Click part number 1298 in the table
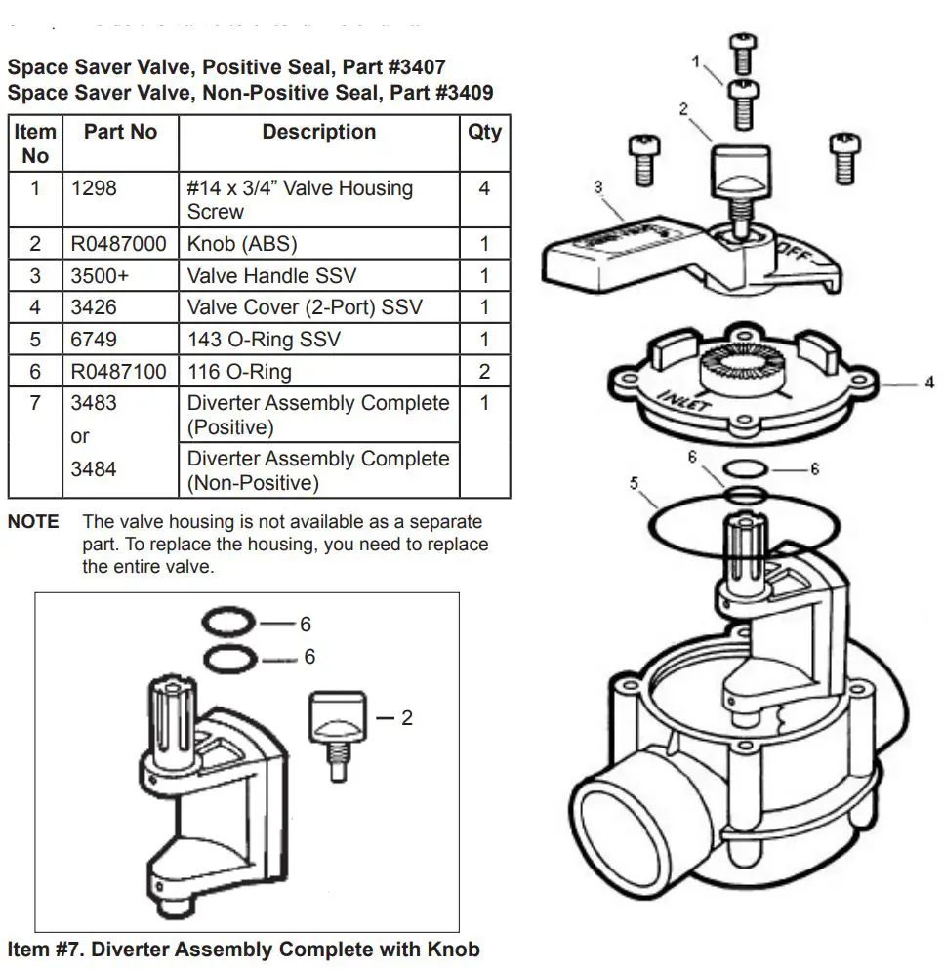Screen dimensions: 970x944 pyautogui.click(x=94, y=188)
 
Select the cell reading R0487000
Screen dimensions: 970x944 pyautogui.click(x=118, y=244)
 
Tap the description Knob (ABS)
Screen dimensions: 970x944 pyautogui.click(x=242, y=244)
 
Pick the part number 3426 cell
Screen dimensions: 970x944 pyautogui.click(x=94, y=307)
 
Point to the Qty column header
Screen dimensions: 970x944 pyautogui.click(x=484, y=132)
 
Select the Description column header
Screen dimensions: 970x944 pyautogui.click(x=318, y=132)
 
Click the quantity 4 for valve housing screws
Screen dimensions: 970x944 pyautogui.click(x=484, y=188)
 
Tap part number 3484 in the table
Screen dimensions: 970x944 pyautogui.click(x=94, y=469)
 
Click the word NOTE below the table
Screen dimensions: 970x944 pyautogui.click(x=33, y=522)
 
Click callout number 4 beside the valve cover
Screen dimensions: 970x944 pyautogui.click(x=928, y=384)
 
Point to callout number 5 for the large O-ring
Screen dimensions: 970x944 pyautogui.click(x=634, y=482)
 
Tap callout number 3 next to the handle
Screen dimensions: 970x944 pyautogui.click(x=597, y=186)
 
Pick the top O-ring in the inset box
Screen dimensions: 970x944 pyautogui.click(x=230, y=622)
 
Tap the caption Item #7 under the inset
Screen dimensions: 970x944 pyautogui.click(x=243, y=950)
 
